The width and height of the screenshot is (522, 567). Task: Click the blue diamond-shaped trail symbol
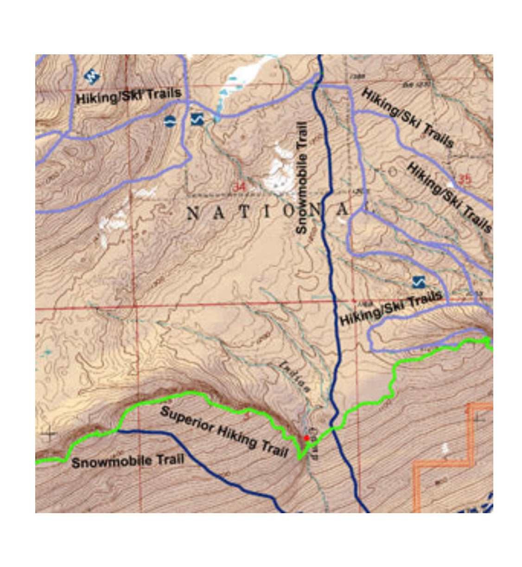93,76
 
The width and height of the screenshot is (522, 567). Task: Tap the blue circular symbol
170,122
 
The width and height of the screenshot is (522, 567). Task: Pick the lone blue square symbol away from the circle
419,282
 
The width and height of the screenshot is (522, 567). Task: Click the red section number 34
239,187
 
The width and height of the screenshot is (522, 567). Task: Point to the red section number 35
464,178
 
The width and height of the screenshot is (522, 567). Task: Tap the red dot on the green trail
306,438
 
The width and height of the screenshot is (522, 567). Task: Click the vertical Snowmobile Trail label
302,178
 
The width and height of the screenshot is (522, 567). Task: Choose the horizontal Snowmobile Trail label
128,461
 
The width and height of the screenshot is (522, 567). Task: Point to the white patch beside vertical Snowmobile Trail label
281,166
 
